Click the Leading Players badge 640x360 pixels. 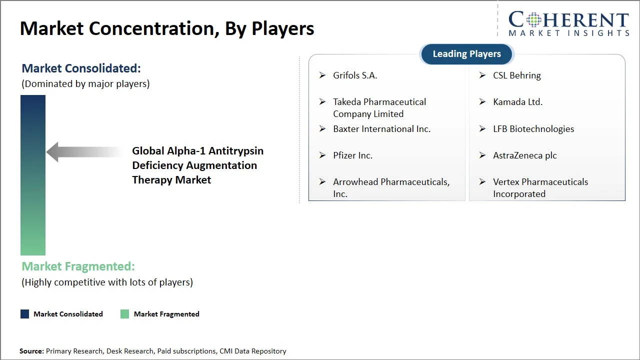click(466, 54)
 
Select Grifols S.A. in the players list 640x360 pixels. click(355, 75)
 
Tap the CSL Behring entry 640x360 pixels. click(516, 75)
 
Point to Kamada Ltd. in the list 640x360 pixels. click(517, 102)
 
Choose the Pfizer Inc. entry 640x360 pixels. click(352, 155)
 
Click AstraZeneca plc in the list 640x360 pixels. click(524, 155)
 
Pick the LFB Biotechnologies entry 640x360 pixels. click(533, 129)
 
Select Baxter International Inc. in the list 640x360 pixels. click(381, 129)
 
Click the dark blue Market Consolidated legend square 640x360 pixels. click(24, 314)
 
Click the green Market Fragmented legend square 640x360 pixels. click(124, 314)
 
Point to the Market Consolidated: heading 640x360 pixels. click(81, 68)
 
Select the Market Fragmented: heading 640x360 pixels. click(78, 266)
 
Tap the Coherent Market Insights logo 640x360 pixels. click(568, 23)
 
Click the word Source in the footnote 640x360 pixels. click(31, 351)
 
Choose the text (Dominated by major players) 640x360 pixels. click(85, 84)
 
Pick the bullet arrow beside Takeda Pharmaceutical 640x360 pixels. click(322, 102)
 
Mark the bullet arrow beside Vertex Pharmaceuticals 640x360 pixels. click(482, 182)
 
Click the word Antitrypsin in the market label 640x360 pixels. click(236, 151)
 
